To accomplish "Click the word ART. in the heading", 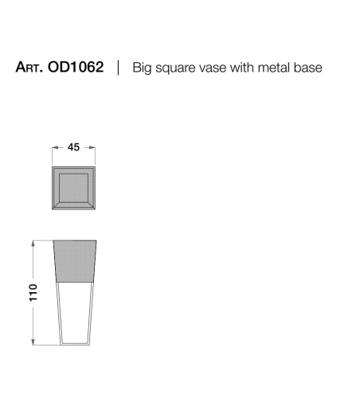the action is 29,67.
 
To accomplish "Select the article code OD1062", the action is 76,67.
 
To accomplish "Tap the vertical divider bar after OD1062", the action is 119,68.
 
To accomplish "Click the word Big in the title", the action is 142,68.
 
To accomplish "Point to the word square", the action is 176,68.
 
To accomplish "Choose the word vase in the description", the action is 213,68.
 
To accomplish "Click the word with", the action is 242,68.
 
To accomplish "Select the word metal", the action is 274,68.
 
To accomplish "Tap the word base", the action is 308,68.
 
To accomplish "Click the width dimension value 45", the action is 73,147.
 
